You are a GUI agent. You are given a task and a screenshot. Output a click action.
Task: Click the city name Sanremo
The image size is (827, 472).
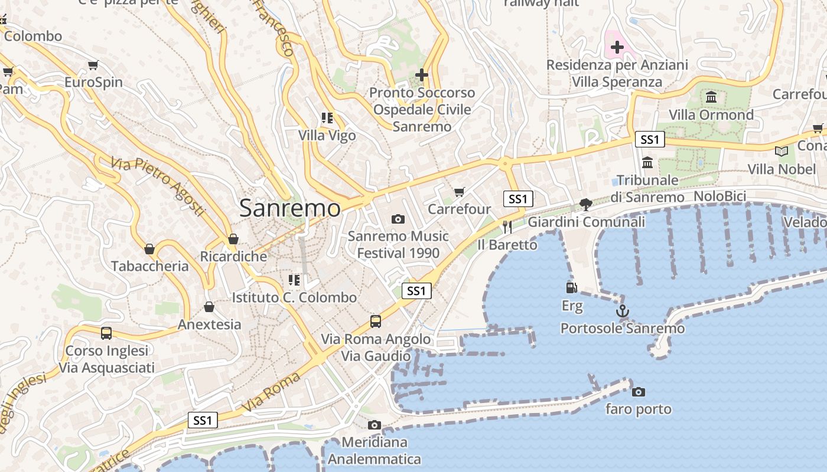pyautogui.click(x=290, y=208)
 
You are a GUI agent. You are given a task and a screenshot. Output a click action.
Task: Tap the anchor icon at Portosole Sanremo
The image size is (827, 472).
pyautogui.click(x=622, y=311)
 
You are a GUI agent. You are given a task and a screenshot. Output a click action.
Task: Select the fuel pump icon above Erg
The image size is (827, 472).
pyautogui.click(x=571, y=288)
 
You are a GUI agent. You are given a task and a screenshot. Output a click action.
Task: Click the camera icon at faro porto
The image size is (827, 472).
pyautogui.click(x=638, y=392)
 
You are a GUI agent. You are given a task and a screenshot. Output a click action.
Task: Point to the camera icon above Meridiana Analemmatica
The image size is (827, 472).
pyautogui.click(x=374, y=425)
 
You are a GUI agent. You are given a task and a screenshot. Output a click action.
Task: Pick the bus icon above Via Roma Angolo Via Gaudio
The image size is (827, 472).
pyautogui.click(x=376, y=322)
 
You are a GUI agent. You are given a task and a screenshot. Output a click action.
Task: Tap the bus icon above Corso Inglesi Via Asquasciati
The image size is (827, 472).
pyautogui.click(x=106, y=333)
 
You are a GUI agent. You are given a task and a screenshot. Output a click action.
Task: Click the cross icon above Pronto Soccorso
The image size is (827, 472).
pyautogui.click(x=422, y=75)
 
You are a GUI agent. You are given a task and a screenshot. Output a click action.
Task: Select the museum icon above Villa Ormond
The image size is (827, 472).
pyautogui.click(x=711, y=97)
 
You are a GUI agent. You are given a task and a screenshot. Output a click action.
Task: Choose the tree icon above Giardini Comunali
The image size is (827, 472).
pyautogui.click(x=586, y=205)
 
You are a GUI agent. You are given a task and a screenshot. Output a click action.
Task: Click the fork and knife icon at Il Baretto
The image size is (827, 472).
pyautogui.click(x=507, y=227)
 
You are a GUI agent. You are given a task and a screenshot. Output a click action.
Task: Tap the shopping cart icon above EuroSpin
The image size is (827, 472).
pyautogui.click(x=93, y=65)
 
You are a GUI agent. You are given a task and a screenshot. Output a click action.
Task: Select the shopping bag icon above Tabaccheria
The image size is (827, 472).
pyautogui.click(x=149, y=249)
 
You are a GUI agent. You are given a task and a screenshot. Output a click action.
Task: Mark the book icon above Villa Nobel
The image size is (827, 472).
pyautogui.click(x=782, y=152)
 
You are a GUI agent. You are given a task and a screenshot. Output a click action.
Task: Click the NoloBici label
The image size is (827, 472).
pyautogui.click(x=719, y=196)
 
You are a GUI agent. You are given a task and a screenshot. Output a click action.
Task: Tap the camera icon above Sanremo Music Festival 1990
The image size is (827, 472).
pyautogui.click(x=398, y=219)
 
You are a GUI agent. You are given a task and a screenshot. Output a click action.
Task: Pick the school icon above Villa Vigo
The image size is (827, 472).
pyautogui.click(x=327, y=118)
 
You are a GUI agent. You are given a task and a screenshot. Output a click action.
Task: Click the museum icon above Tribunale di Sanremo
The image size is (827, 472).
pyautogui.click(x=647, y=162)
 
